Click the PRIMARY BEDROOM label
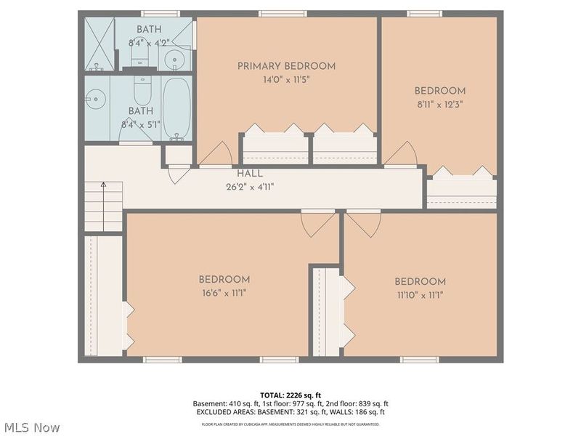point(286,66)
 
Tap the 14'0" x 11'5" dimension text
point(286,80)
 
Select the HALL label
point(250,174)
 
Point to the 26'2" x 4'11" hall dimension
point(250,186)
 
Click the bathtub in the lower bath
point(176,109)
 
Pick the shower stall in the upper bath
point(99,44)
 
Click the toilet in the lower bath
point(142,92)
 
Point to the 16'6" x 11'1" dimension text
point(224,294)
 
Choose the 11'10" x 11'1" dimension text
point(420,295)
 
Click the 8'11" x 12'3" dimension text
point(439,104)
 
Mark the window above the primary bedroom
point(283,13)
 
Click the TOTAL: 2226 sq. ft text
point(290,394)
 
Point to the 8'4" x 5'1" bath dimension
point(141,124)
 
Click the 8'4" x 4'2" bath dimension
point(149,43)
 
